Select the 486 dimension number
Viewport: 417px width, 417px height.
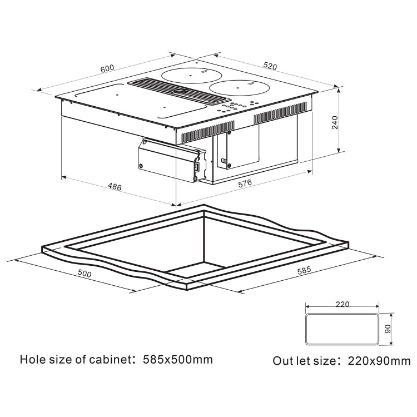pos(114,187)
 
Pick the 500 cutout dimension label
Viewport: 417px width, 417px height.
pos(84,274)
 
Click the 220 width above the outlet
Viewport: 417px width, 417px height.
pos(342,304)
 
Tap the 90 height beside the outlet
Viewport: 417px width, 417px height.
pos(388,329)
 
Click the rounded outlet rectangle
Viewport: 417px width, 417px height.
pos(341,329)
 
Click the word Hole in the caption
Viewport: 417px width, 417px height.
pos(32,359)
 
